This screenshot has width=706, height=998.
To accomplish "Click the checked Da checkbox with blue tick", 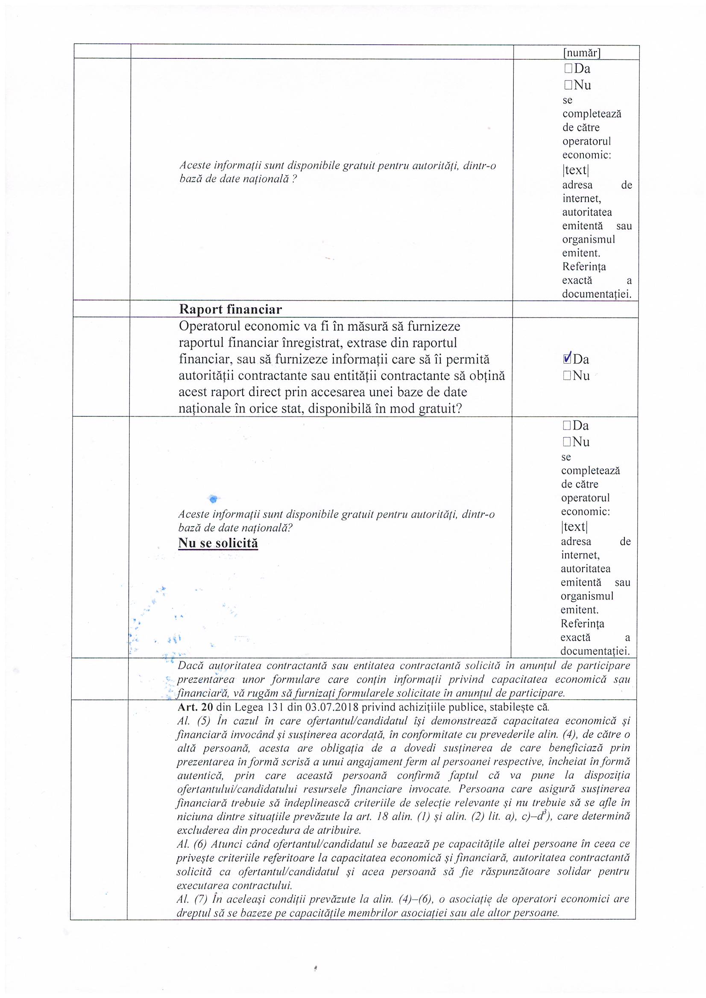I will (567, 359).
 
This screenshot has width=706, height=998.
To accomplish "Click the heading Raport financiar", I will (230, 309).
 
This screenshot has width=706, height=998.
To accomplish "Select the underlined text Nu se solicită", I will (218, 543).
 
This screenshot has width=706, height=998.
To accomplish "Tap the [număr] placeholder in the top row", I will (582, 53).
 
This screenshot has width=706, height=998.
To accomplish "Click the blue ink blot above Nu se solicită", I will (213, 498).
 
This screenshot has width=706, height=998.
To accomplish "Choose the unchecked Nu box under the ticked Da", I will (566, 376).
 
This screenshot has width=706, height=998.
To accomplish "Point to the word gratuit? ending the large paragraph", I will (440, 409).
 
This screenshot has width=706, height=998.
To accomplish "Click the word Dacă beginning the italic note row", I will (187, 665).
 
